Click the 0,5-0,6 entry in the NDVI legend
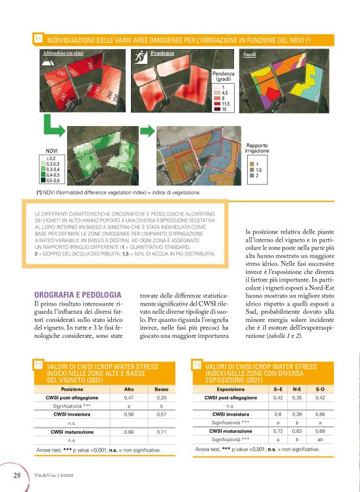click(48, 180)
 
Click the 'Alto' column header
click(130, 389)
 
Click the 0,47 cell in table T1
click(130, 397)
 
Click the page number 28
click(17, 475)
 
